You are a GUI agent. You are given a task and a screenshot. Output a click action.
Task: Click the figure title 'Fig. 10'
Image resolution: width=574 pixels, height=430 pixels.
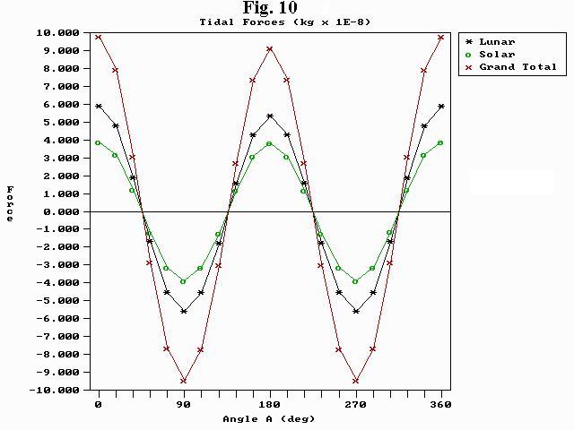(x=271, y=8)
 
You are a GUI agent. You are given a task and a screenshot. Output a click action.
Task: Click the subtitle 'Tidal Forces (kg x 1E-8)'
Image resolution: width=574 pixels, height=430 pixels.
(x=285, y=21)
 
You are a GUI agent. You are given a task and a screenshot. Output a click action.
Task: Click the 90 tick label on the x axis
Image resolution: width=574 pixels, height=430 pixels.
(x=184, y=405)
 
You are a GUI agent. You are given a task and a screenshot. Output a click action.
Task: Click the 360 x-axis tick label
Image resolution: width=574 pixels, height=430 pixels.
(x=441, y=405)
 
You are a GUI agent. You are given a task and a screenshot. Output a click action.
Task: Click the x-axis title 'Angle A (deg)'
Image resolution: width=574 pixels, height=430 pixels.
(x=269, y=418)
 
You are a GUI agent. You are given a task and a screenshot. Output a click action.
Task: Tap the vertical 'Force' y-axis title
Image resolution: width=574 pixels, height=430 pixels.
(x=11, y=202)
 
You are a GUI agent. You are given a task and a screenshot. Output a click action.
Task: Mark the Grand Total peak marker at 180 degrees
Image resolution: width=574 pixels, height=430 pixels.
(x=270, y=48)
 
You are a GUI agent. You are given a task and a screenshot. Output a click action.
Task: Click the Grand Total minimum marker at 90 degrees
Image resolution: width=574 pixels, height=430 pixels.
(x=184, y=381)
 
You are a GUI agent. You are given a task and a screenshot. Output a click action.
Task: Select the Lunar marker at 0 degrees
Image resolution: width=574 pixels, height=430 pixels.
(x=99, y=106)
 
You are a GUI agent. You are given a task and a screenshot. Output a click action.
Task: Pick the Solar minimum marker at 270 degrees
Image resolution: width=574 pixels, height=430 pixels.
(x=356, y=281)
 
